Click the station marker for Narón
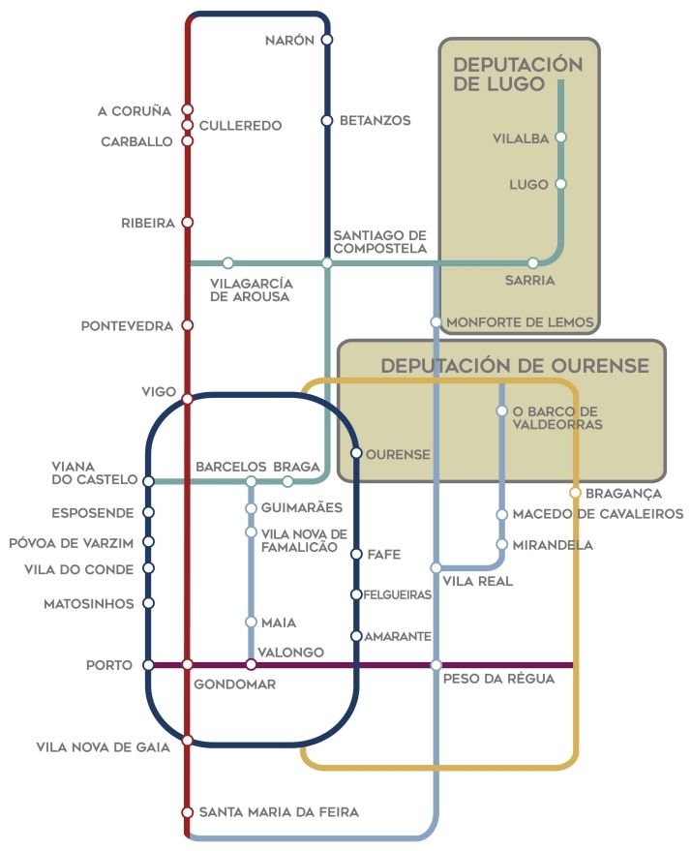[327, 40]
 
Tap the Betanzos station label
[375, 121]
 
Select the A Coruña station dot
[188, 110]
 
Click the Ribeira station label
[148, 223]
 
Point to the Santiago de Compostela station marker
[327, 262]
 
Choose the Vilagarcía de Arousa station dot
[228, 262]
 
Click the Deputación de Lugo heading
[518, 74]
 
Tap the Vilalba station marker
[560, 137]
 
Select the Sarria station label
[529, 281]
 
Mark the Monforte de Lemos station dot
[436, 322]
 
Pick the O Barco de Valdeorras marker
[501, 410]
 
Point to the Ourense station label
[398, 453]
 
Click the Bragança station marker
[576, 493]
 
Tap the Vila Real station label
[477, 582]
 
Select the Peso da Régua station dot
[436, 665]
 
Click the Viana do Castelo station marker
[148, 481]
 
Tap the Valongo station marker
[251, 665]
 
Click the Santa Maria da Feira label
[279, 812]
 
